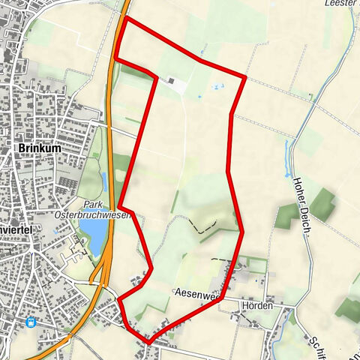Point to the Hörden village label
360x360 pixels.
(x=256, y=307)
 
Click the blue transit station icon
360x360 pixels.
(x=31, y=322)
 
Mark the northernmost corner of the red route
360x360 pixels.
(x=125, y=18)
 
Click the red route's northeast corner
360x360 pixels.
(x=245, y=76)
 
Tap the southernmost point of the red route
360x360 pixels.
(x=148, y=342)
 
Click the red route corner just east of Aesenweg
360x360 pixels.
(x=223, y=299)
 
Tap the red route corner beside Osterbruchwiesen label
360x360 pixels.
(x=120, y=207)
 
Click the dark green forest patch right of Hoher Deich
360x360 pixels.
(x=323, y=203)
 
